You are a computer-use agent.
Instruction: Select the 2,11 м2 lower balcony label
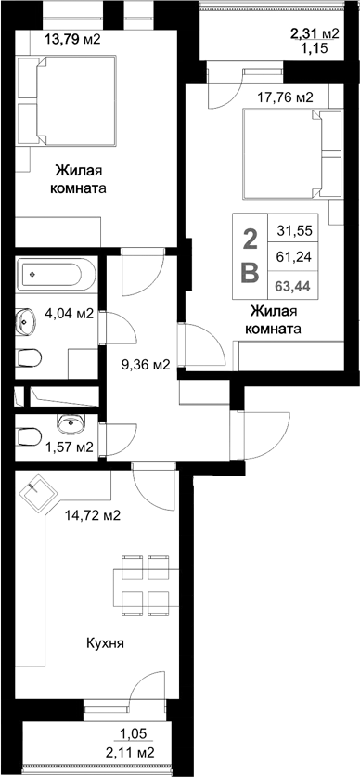coord(130,752)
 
